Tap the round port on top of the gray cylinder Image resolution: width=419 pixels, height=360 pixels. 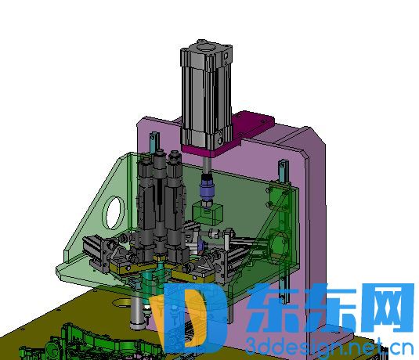pos(204,49)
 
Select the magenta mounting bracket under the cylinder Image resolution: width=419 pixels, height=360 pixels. pos(228,134)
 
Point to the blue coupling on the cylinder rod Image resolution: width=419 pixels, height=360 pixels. pos(206,189)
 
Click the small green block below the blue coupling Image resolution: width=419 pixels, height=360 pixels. pos(208,213)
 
